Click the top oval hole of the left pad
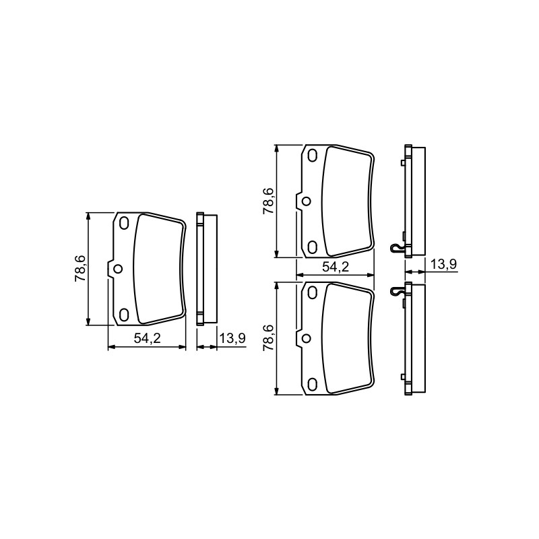[x=124, y=224]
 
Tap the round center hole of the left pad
[x=118, y=269]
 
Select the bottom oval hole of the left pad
[x=124, y=315]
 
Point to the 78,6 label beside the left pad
[x=80, y=269]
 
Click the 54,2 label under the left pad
[x=147, y=339]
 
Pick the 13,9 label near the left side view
[x=232, y=338]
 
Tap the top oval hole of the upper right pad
[x=312, y=156]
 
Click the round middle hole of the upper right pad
[x=306, y=201]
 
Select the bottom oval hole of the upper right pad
[x=312, y=247]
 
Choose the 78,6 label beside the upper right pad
[x=268, y=201]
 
